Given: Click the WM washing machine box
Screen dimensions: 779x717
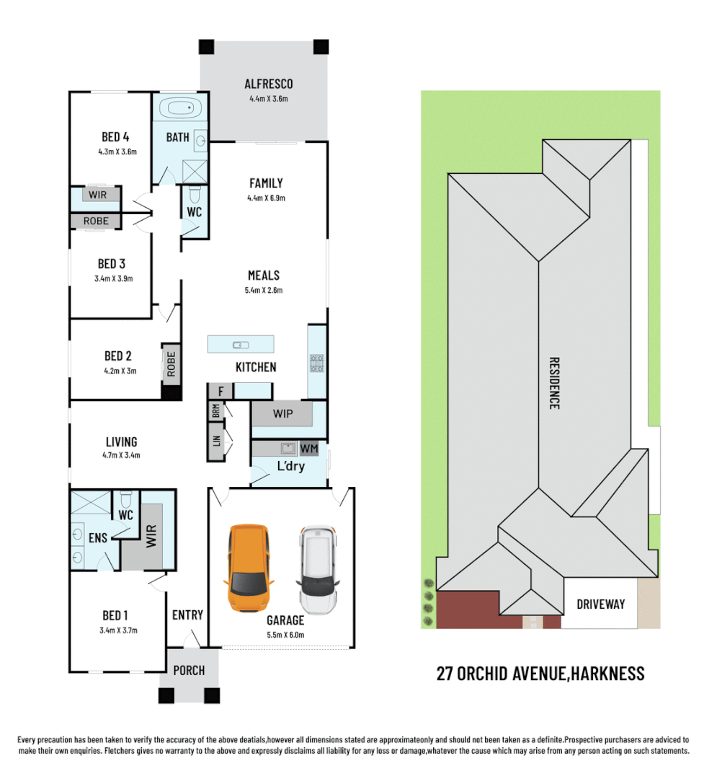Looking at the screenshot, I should pos(308,449).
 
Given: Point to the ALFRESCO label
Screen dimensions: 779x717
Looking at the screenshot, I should pos(268,84).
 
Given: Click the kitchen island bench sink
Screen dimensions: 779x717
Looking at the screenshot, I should pos(241,344).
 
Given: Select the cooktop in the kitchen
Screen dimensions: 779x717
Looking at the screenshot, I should pos(316,363).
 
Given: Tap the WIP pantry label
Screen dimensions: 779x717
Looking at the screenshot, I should pos(282,415).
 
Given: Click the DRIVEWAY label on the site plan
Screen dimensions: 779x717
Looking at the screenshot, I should pos(600,604).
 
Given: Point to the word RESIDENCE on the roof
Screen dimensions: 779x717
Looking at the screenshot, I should pos(554,383).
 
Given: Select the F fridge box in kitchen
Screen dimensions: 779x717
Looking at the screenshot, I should pos(221,392).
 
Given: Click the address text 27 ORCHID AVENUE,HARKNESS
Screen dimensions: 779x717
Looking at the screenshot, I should pos(540,674).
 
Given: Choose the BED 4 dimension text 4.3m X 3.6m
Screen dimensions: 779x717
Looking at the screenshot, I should pos(117,152).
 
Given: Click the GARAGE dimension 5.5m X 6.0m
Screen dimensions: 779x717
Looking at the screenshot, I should pos(285,635).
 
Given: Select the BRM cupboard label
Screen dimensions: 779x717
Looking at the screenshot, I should pos(215,411).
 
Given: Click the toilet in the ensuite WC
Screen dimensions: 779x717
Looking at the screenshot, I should pos(125,501).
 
